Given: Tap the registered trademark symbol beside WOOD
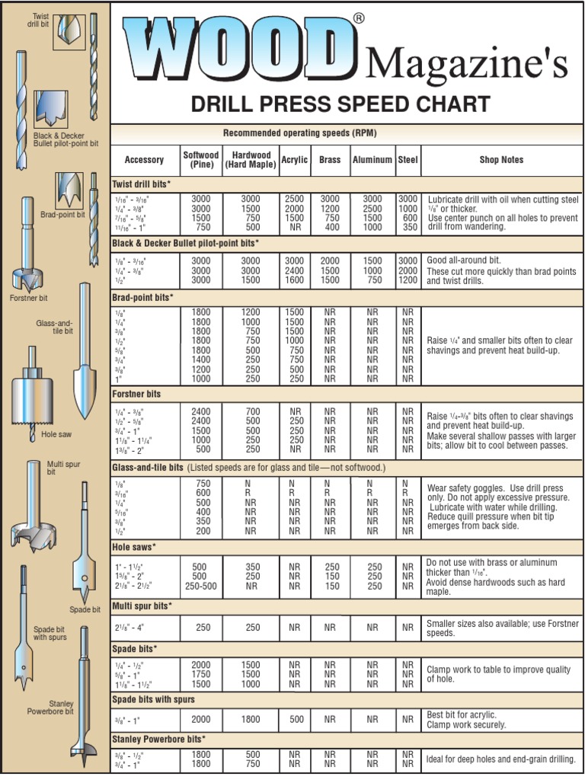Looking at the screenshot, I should tap(359, 19).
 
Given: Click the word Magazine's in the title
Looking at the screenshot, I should tap(466, 63).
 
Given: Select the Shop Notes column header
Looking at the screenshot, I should tap(501, 160).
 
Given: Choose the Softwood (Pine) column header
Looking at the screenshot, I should tap(201, 160).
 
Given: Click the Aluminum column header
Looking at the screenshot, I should tap(372, 160).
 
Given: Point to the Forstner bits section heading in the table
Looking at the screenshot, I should tap(137, 395).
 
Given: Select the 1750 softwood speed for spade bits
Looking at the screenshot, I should tap(201, 675).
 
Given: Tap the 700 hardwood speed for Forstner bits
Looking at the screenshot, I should tap(251, 412).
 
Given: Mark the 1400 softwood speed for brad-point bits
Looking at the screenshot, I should tap(201, 360).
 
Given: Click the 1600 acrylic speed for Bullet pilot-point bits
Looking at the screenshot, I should tap(294, 280).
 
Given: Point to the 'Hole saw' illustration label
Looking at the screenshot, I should tap(56, 434).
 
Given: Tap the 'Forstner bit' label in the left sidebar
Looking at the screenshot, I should tap(28, 298).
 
